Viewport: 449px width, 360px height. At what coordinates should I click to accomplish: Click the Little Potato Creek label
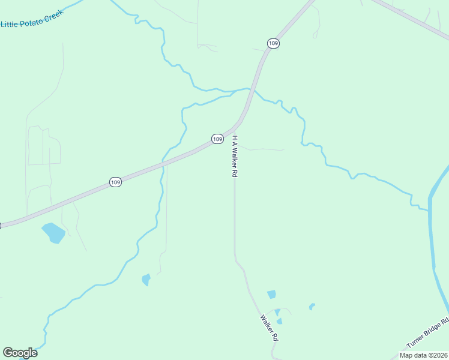(x=32, y=19)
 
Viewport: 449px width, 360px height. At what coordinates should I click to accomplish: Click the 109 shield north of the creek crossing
(x=273, y=43)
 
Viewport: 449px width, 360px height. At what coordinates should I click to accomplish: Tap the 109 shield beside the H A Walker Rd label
(x=217, y=139)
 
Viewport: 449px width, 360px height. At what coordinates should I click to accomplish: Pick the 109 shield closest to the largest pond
(x=116, y=182)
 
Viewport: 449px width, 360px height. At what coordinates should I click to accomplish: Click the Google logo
(x=20, y=353)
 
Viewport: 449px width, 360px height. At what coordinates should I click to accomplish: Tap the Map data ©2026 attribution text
(x=423, y=355)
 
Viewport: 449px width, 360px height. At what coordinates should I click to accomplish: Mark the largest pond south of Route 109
(x=53, y=232)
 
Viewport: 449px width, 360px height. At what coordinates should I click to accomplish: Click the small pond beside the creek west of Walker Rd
(x=146, y=280)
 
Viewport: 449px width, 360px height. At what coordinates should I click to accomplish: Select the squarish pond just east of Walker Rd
(x=271, y=294)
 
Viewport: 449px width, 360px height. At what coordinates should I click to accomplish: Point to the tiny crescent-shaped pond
(x=312, y=307)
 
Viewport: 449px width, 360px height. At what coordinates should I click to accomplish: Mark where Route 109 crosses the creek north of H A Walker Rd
(x=253, y=90)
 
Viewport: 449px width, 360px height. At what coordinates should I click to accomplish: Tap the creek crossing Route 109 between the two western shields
(x=161, y=164)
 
